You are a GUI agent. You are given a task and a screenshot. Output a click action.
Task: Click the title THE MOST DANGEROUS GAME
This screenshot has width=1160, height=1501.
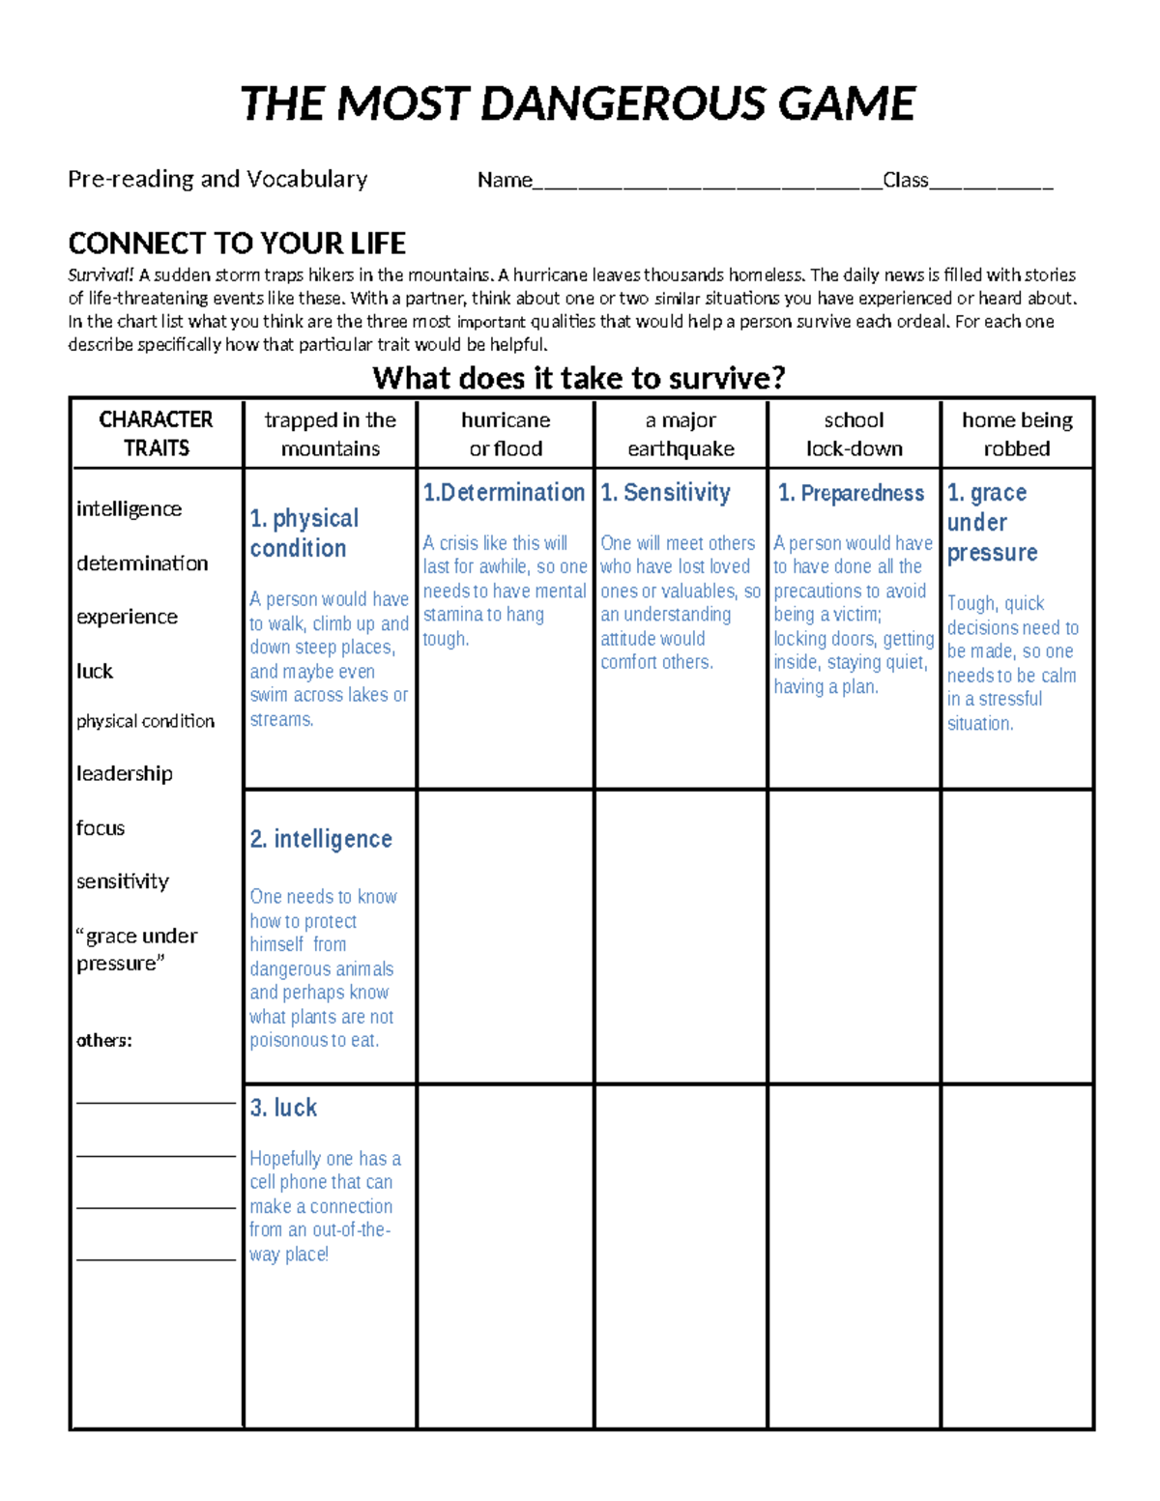pyautogui.click(x=577, y=104)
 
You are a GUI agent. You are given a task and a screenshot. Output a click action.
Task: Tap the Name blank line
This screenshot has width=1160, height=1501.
pyautogui.click(x=707, y=184)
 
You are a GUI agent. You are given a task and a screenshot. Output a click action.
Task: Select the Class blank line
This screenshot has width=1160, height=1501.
pyautogui.click(x=991, y=184)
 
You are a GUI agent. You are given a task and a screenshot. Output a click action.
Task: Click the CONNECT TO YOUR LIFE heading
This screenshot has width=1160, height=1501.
pyautogui.click(x=237, y=243)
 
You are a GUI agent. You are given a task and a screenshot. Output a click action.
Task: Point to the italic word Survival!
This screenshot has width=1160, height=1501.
pyautogui.click(x=101, y=275)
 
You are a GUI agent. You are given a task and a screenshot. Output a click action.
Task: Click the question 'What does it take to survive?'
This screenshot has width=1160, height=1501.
pyautogui.click(x=578, y=378)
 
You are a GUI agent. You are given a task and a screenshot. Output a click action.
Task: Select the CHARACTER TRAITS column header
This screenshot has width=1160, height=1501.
pyautogui.click(x=156, y=433)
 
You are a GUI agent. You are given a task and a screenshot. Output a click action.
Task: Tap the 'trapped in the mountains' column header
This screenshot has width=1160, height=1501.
pyautogui.click(x=330, y=434)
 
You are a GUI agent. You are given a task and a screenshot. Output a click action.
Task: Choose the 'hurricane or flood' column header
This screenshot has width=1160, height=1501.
pyautogui.click(x=506, y=434)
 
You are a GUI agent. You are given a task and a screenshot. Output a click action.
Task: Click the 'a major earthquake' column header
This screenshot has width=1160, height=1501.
pyautogui.click(x=681, y=434)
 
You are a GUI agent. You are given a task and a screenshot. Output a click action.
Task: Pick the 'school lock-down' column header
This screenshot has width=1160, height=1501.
pyautogui.click(x=854, y=434)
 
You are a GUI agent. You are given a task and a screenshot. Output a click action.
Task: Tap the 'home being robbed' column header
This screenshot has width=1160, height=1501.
pyautogui.click(x=1017, y=434)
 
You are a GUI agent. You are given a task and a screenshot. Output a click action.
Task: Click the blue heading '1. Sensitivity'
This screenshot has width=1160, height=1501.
pyautogui.click(x=665, y=493)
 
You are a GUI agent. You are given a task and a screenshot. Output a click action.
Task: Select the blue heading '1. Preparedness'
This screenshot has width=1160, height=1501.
pyautogui.click(x=851, y=493)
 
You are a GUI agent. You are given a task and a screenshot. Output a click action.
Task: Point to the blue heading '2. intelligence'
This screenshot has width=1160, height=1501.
pyautogui.click(x=321, y=839)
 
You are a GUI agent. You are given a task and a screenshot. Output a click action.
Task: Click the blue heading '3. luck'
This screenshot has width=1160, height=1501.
pyautogui.click(x=283, y=1108)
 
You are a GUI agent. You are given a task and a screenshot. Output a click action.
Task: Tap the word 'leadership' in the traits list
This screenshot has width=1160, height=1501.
pyautogui.click(x=125, y=773)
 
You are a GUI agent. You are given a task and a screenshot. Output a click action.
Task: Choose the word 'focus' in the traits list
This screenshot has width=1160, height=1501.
pyautogui.click(x=101, y=828)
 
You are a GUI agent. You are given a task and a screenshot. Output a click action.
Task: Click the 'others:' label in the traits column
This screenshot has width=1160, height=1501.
pyautogui.click(x=104, y=1041)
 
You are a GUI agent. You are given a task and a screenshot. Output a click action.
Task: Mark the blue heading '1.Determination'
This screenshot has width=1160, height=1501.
pyautogui.click(x=504, y=493)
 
